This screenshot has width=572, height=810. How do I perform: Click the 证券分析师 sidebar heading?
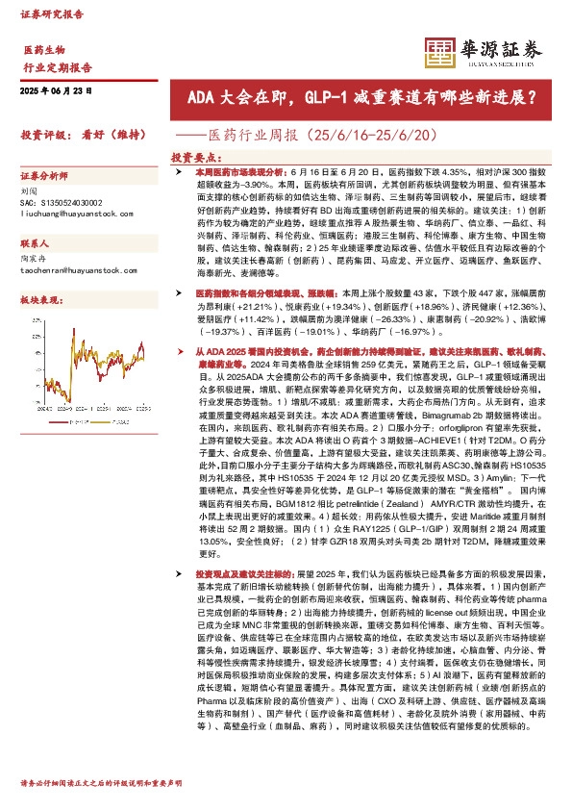point(45,177)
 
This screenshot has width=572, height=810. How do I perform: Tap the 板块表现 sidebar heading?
point(40,300)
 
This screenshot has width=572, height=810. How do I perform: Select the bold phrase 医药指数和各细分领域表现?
point(251,291)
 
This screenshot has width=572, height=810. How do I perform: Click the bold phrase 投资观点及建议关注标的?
point(241,570)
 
